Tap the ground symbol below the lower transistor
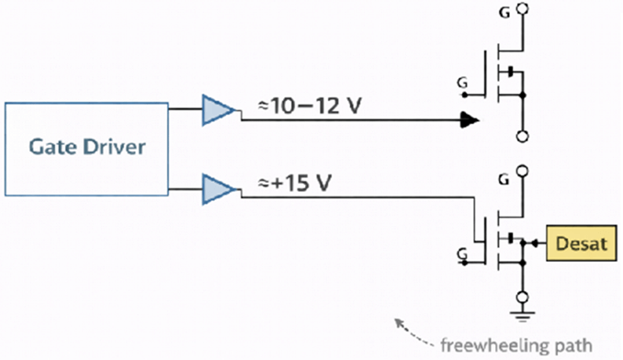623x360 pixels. [x=523, y=316]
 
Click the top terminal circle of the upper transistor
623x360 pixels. [x=523, y=11]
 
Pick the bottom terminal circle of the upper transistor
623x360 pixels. [x=523, y=137]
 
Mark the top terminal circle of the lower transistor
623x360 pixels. [x=523, y=172]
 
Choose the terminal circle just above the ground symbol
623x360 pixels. [x=523, y=298]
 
